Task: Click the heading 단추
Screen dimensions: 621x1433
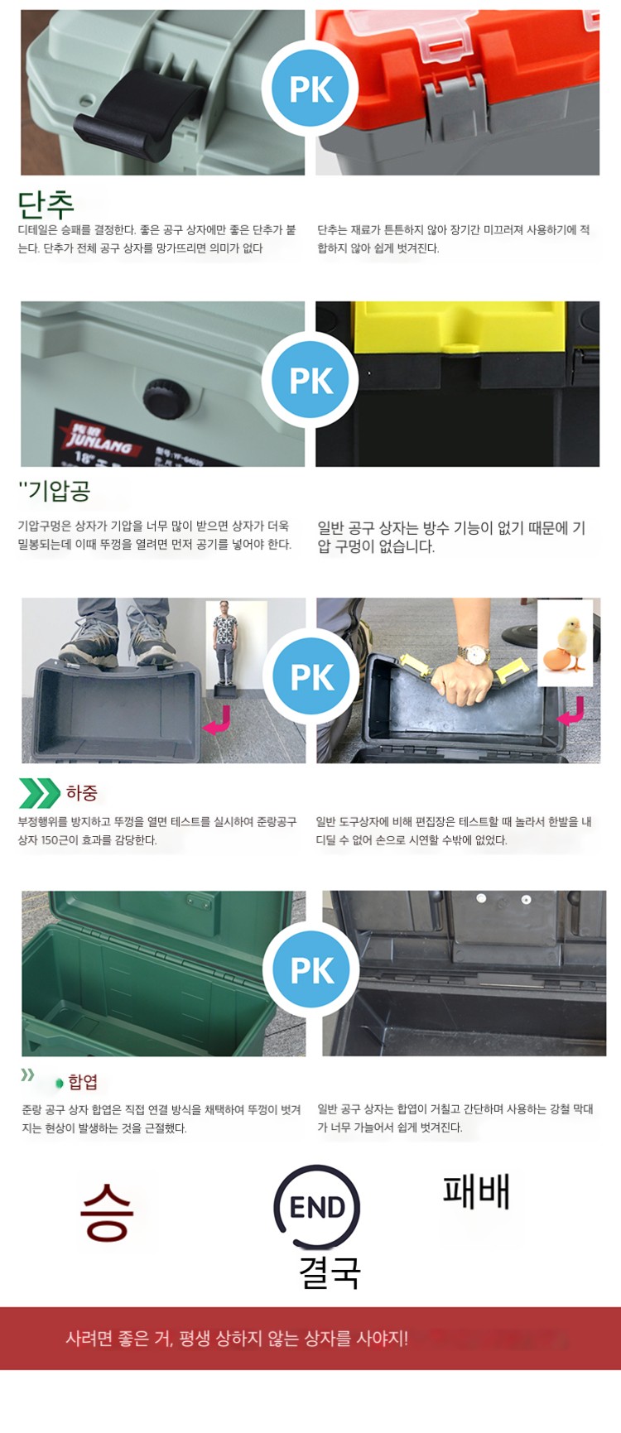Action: click(46, 204)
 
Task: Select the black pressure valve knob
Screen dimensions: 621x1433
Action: click(166, 398)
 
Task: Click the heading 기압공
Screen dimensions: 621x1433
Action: click(55, 491)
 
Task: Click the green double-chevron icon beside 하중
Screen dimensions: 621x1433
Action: click(39, 793)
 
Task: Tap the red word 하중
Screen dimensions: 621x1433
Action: click(82, 793)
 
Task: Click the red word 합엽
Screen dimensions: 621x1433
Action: click(83, 1082)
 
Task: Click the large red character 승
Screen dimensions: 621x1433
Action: click(107, 1212)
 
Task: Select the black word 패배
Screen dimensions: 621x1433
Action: click(476, 1191)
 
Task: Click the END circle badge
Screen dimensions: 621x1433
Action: click(317, 1207)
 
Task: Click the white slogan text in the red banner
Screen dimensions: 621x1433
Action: click(237, 1339)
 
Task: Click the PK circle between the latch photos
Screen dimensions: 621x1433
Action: click(310, 89)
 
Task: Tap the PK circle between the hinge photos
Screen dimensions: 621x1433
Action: click(311, 970)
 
